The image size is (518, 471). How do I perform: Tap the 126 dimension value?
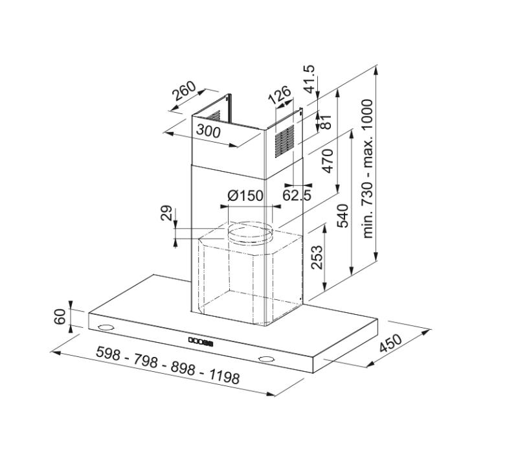280,95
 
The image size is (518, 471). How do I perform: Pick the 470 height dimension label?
327,161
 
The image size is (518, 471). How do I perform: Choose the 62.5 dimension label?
297,194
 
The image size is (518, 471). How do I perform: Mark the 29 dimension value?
166,214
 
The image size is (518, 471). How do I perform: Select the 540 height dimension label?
343,215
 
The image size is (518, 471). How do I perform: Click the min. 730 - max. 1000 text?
368,168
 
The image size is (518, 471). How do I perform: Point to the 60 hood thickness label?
60,317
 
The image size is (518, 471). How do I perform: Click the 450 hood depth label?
390,344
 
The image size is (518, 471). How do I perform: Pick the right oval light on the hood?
265,359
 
